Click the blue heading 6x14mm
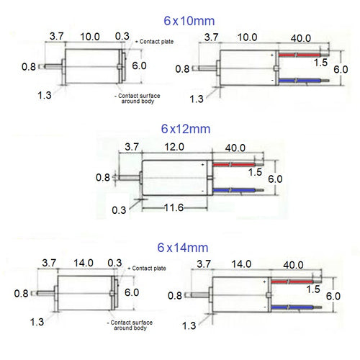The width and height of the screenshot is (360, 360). pyautogui.click(x=185, y=247)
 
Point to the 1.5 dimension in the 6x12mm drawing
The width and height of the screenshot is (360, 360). pyautogui.click(x=254, y=173)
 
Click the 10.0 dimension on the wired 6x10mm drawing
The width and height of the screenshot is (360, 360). pyautogui.click(x=247, y=37)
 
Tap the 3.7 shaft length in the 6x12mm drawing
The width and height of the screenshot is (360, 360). pyautogui.click(x=132, y=146)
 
